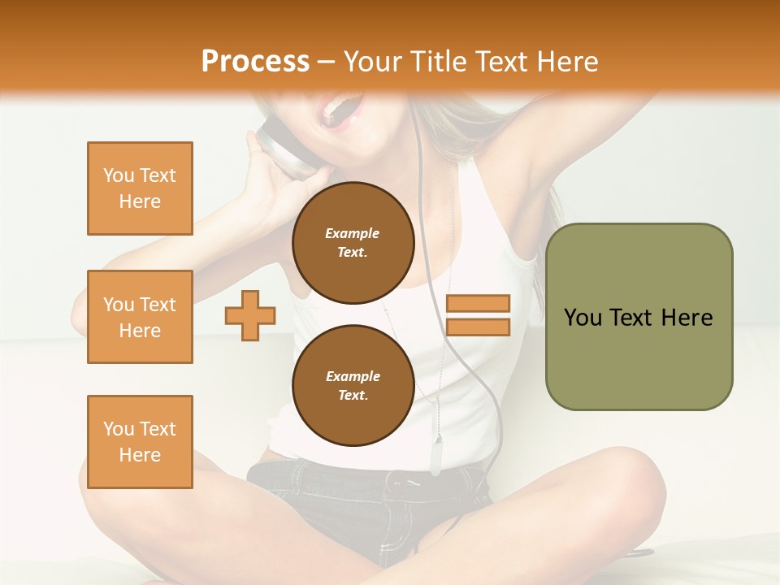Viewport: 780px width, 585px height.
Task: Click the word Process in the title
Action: point(255,61)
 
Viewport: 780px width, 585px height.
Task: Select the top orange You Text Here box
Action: point(140,188)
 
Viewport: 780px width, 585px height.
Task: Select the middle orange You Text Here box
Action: point(140,317)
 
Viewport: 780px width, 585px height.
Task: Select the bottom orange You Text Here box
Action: point(140,442)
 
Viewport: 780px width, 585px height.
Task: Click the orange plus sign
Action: point(250,315)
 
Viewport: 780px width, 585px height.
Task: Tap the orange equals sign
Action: point(478,315)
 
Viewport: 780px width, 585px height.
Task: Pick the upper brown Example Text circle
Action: point(353,242)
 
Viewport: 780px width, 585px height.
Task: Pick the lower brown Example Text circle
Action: point(353,385)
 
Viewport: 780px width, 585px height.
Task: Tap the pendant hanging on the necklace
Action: point(436,455)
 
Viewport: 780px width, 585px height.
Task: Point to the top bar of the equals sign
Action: point(478,303)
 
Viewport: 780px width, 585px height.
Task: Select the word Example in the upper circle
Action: point(353,233)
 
